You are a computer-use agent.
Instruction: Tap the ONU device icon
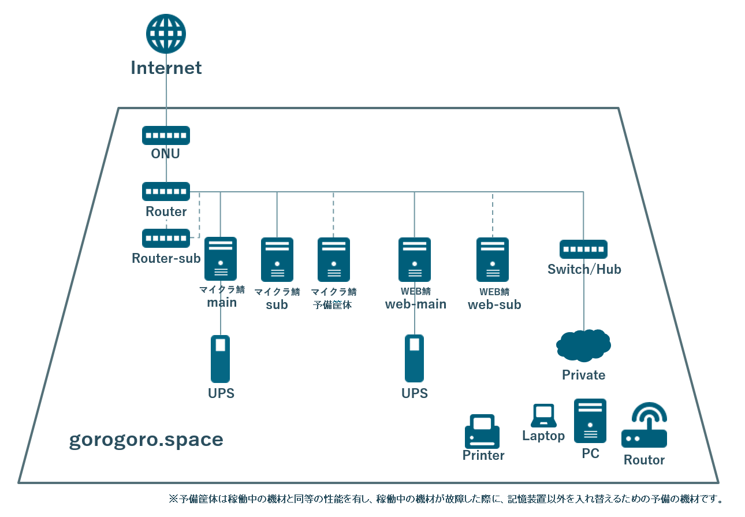[x=166, y=135]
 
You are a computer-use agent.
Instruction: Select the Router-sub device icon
[x=166, y=238]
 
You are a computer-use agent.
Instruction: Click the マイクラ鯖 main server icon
[x=221, y=259]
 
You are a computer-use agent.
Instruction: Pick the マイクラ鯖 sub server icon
[x=277, y=259]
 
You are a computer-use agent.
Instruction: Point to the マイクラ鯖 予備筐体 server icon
[x=333, y=259]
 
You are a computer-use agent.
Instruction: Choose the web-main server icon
[x=414, y=259]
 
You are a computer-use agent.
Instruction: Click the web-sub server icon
[x=493, y=259]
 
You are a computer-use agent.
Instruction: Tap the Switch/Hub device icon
[x=583, y=249]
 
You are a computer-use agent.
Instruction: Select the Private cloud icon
[x=583, y=344]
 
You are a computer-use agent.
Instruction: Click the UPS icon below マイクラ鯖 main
[x=221, y=359]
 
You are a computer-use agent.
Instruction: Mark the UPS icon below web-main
[x=414, y=359]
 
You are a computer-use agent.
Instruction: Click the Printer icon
[x=482, y=431]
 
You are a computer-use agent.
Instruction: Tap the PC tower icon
[x=590, y=421]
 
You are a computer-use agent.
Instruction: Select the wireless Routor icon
[x=644, y=426]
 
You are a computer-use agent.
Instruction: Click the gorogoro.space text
[x=146, y=440]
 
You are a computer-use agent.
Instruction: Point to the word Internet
[x=166, y=68]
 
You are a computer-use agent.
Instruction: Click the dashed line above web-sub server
[x=493, y=214]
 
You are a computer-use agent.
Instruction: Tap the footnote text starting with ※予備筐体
[x=445, y=499]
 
